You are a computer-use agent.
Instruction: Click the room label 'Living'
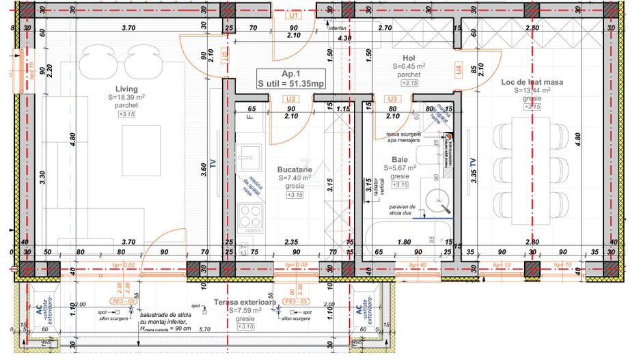(126, 89)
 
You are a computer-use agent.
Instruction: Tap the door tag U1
(293, 14)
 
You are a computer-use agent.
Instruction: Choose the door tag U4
(459, 68)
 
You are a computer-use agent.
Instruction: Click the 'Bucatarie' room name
(295, 169)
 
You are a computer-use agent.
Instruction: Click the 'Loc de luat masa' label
(532, 82)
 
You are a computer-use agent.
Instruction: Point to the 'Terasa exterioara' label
(244, 301)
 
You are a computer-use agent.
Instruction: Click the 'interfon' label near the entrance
(338, 29)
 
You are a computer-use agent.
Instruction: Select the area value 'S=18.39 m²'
(126, 98)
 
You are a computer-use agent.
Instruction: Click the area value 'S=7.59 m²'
(244, 309)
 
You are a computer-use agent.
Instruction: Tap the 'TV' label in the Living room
(213, 165)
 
